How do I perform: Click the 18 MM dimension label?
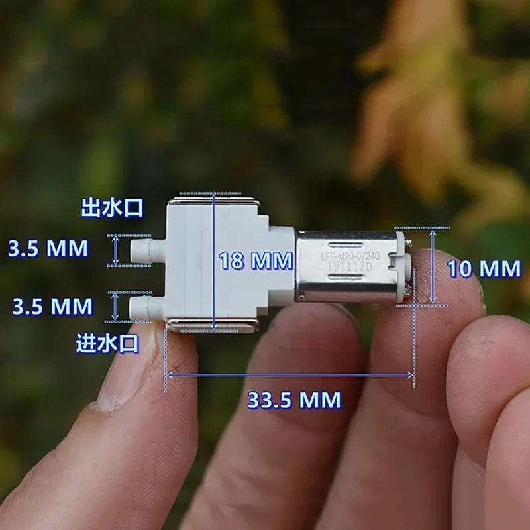tap(256, 260)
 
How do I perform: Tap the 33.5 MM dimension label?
tap(294, 400)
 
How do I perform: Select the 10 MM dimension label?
tap(484, 269)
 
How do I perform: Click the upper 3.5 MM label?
tap(48, 248)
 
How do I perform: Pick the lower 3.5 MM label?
tap(52, 306)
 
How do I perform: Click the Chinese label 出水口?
tap(112, 207)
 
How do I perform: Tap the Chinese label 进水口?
tap(107, 343)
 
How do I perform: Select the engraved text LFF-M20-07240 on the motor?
tap(350, 256)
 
